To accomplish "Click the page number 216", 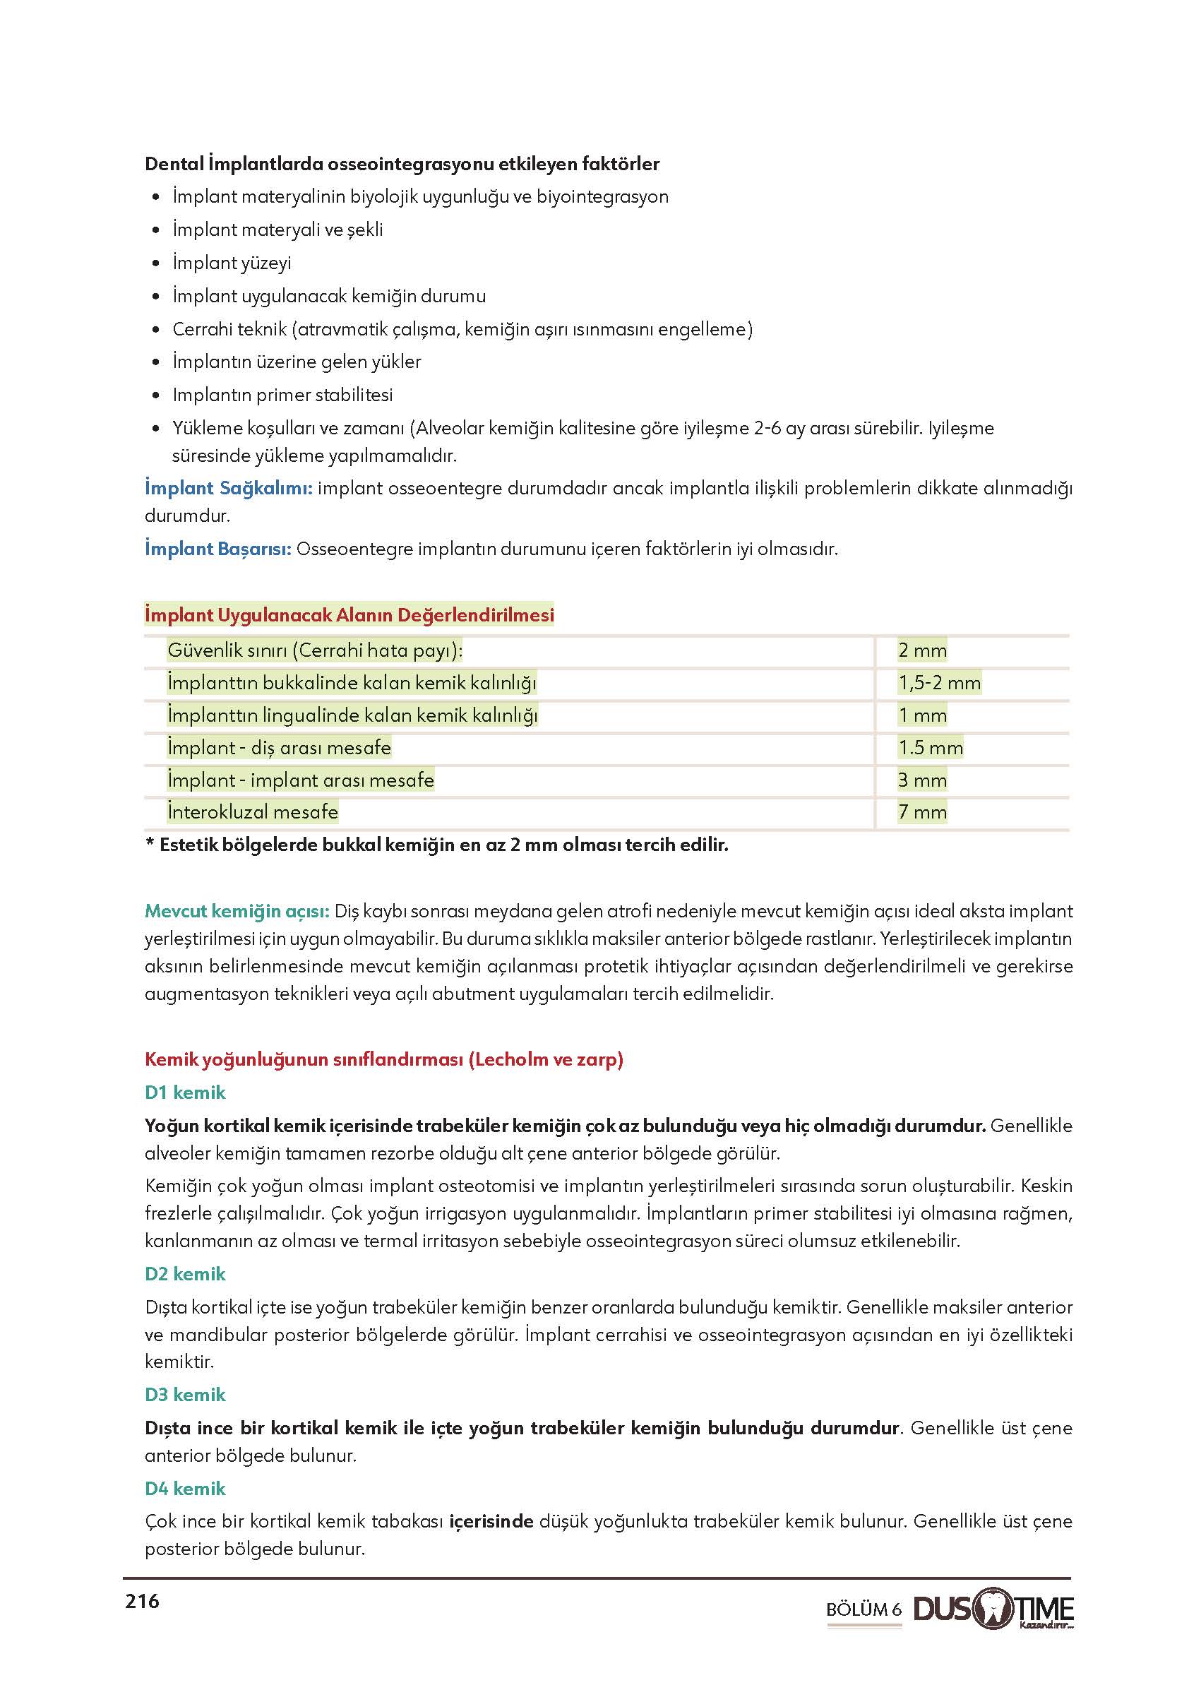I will [x=142, y=1602].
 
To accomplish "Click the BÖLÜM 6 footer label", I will [x=864, y=1609].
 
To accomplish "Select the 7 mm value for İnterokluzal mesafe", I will [x=922, y=812].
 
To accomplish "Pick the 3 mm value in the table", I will [x=922, y=780].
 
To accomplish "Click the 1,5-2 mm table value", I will [x=939, y=683].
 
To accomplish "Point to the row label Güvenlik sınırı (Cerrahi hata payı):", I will [x=315, y=650].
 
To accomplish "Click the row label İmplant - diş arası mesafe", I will [x=279, y=748].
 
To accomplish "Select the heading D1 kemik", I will [x=185, y=1092].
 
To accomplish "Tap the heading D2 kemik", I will [x=185, y=1274].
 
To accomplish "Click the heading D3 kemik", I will [x=185, y=1394].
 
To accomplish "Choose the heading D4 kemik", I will [x=185, y=1488].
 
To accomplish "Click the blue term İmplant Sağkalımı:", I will [x=229, y=488].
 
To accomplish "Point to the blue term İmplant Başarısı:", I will [x=218, y=549].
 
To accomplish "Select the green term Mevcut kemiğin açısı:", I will [x=237, y=911].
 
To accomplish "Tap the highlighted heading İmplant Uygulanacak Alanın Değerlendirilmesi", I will [x=349, y=614].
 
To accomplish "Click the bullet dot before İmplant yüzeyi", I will [x=155, y=263].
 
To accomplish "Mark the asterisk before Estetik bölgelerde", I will [x=150, y=845].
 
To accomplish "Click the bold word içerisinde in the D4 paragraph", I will [x=491, y=1522].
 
